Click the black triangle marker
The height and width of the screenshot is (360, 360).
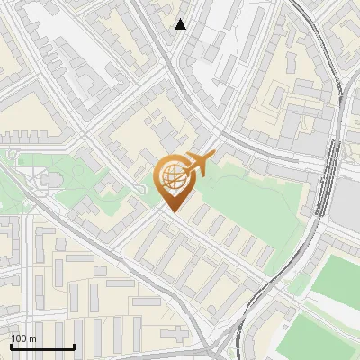pyautogui.click(x=181, y=24)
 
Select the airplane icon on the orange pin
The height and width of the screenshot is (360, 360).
pyautogui.click(x=197, y=165)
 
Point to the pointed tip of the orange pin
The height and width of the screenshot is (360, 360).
pyautogui.click(x=172, y=211)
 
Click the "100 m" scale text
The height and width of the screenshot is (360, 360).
pyautogui.click(x=23, y=338)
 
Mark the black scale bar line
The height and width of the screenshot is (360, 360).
pyautogui.click(x=42, y=346)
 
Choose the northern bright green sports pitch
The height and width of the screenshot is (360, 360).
pyautogui.click(x=337, y=280)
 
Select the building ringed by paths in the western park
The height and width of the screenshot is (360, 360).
pyautogui.click(x=50, y=179)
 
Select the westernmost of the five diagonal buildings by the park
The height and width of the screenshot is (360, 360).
pyautogui.click(x=201, y=215)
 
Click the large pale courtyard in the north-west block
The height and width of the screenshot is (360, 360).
pyautogui.click(x=85, y=58)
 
